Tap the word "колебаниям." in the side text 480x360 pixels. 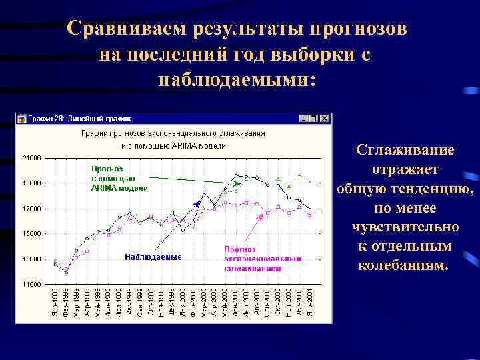404,265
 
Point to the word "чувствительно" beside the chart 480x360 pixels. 405,227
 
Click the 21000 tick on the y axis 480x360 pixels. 32,157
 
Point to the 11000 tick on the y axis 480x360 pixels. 32,284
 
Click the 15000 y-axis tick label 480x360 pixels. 32,233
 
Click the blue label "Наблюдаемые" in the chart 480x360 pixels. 153,257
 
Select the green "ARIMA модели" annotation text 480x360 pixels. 119,188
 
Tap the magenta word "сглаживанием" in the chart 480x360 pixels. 253,268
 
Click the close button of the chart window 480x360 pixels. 325,119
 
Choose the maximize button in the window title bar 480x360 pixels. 314,119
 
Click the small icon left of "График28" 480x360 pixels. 22,119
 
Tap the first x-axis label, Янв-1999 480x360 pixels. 55,302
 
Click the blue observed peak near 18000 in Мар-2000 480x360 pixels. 204,192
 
